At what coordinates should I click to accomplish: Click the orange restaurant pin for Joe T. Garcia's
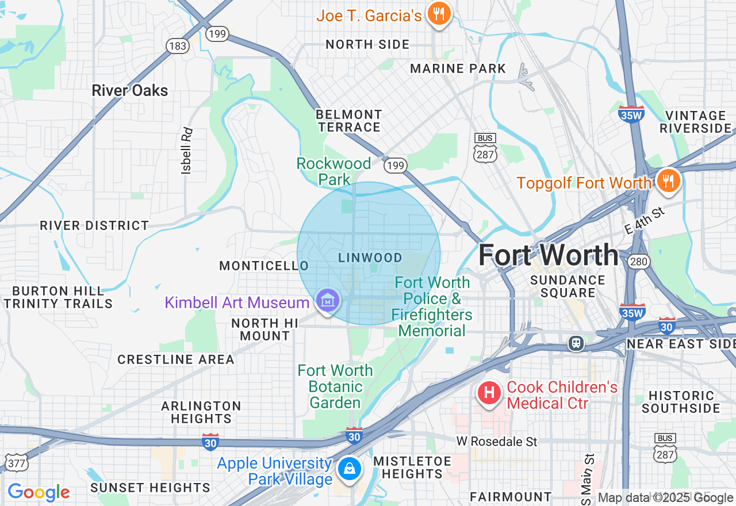439,14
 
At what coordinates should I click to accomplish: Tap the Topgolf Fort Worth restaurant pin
667,181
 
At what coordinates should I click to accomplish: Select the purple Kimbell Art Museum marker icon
328,300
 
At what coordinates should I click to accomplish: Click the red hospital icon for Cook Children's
489,393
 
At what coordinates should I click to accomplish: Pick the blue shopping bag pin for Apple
349,469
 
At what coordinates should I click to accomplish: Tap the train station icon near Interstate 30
576,343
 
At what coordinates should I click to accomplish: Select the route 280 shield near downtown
639,262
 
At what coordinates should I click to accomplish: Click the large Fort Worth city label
548,255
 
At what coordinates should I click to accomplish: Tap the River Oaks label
130,90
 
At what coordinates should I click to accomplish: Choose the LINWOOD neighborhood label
370,258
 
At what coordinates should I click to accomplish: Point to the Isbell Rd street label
186,151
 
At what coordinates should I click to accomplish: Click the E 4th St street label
644,221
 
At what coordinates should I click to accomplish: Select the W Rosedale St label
497,442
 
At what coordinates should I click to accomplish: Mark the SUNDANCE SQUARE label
568,286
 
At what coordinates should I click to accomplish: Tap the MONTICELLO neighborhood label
264,266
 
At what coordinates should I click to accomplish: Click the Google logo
39,492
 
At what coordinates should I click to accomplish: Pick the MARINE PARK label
458,69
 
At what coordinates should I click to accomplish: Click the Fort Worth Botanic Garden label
335,386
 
